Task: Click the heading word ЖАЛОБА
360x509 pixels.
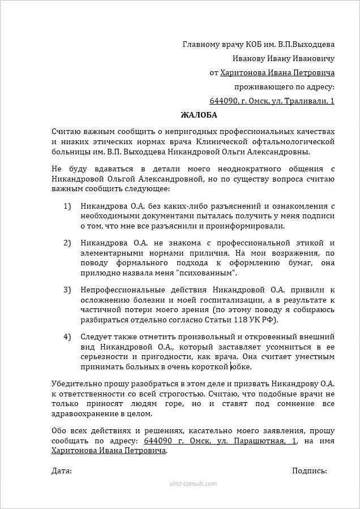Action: point(199,115)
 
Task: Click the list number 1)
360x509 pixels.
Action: point(67,206)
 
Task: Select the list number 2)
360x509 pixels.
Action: point(67,243)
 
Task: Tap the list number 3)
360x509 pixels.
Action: point(67,290)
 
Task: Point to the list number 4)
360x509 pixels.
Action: point(67,337)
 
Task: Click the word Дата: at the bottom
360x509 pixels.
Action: point(61,471)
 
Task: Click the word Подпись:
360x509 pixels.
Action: point(310,471)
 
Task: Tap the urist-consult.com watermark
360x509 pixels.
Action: point(192,484)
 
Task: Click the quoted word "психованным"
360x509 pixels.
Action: point(206,273)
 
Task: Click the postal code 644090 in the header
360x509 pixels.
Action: point(223,101)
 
